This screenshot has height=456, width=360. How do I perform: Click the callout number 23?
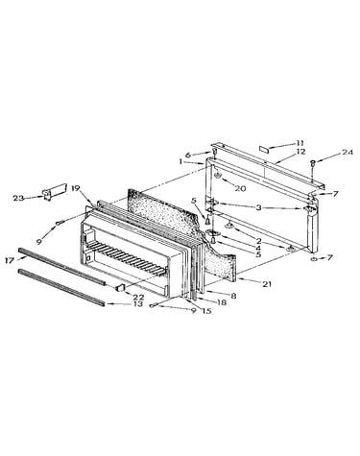(x=18, y=198)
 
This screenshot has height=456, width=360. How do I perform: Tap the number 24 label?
(x=347, y=153)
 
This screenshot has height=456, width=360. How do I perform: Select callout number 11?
(x=300, y=143)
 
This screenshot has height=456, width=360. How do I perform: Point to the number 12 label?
(x=300, y=151)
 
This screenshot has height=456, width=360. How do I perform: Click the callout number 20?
(x=240, y=188)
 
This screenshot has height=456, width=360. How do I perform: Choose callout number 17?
(x=10, y=261)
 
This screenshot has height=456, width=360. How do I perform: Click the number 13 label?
(x=138, y=303)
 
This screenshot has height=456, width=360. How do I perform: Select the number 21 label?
(x=267, y=283)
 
